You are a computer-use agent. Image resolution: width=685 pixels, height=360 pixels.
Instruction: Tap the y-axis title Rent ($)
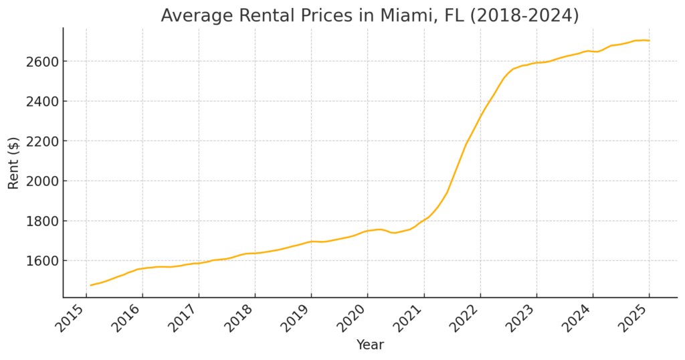tap(13, 163)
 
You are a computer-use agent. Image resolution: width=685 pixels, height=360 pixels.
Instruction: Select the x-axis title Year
tap(370, 345)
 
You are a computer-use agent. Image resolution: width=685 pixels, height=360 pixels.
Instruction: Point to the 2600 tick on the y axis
tap(42, 62)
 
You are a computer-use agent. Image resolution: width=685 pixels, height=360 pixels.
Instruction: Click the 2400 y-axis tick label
tap(42, 101)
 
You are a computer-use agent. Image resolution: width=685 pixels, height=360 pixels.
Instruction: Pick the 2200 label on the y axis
tap(42, 141)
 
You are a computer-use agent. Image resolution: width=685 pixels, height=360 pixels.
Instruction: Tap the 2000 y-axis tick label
tap(42, 181)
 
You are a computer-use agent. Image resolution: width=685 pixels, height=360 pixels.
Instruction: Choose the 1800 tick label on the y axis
tap(42, 221)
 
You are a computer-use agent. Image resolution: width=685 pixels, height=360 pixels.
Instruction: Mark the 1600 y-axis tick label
tap(42, 261)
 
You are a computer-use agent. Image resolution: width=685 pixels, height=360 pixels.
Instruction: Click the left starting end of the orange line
tap(91, 285)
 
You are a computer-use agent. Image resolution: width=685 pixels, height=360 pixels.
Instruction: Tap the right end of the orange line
tap(649, 41)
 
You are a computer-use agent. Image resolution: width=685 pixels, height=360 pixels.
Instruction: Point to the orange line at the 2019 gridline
tap(312, 241)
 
